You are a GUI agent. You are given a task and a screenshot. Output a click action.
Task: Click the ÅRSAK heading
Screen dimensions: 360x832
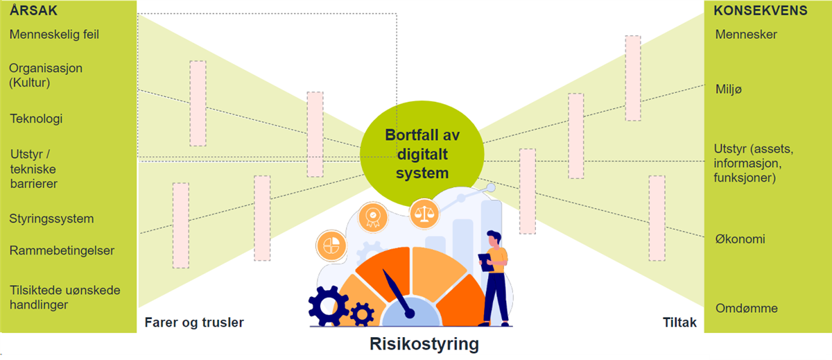click(33, 11)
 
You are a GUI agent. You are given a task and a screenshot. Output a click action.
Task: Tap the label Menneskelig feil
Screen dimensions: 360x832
click(54, 34)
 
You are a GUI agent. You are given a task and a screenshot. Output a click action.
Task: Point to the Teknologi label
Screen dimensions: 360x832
click(36, 119)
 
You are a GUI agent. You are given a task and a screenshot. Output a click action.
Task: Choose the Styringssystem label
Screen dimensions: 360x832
click(51, 218)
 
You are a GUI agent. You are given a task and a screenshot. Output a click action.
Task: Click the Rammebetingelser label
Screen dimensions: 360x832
click(62, 250)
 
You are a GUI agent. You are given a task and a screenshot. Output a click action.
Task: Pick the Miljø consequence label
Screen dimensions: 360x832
click(729, 90)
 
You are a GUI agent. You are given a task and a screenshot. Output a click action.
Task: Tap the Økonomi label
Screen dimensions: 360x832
click(740, 239)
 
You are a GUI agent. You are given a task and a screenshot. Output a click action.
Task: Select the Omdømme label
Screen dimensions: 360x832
click(746, 309)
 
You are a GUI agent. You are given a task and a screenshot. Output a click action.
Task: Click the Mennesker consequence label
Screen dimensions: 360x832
click(746, 34)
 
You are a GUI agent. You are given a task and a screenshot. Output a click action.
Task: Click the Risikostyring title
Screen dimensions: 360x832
click(424, 343)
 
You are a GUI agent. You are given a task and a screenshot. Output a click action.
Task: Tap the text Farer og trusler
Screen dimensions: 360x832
click(194, 323)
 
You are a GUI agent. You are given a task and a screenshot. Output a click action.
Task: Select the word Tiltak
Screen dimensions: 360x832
click(679, 323)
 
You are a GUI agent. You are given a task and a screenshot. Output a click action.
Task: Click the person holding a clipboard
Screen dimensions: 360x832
click(496, 274)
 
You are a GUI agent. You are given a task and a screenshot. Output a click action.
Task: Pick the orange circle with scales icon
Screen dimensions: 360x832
click(424, 214)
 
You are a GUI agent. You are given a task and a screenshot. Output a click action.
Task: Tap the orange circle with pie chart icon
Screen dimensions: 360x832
click(331, 245)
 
